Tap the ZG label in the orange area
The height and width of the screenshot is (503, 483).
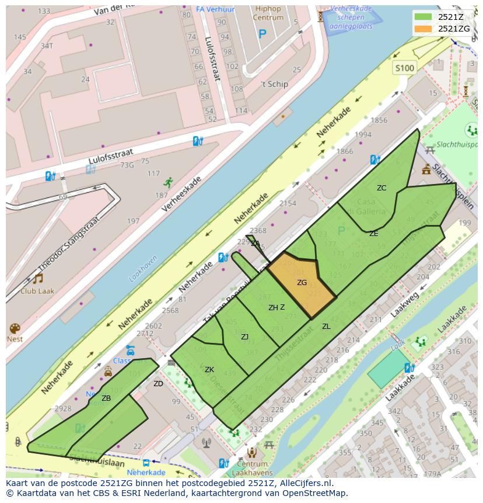pyautogui.click(x=302, y=283)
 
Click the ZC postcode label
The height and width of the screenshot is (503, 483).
pyautogui.click(x=381, y=188)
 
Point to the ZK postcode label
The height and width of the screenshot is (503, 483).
pyautogui.click(x=209, y=370)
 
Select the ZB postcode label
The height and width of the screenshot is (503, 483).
pyautogui.click(x=106, y=398)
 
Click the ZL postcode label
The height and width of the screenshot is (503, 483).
pyautogui.click(x=326, y=327)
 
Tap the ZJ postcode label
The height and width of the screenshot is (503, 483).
pyautogui.click(x=245, y=337)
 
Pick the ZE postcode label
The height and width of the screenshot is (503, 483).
pyautogui.click(x=374, y=234)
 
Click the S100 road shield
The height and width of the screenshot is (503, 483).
pyautogui.click(x=404, y=68)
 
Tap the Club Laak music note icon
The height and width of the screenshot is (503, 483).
pyautogui.click(x=37, y=278)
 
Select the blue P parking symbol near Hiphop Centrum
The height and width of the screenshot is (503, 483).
pyautogui.click(x=262, y=34)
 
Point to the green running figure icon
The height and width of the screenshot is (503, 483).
pyautogui.click(x=169, y=182)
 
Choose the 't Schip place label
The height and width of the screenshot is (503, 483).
pyautogui.click(x=274, y=84)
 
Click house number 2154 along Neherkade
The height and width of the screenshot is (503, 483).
pyautogui.click(x=288, y=203)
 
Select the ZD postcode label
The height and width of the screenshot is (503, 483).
pyautogui.click(x=158, y=384)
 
